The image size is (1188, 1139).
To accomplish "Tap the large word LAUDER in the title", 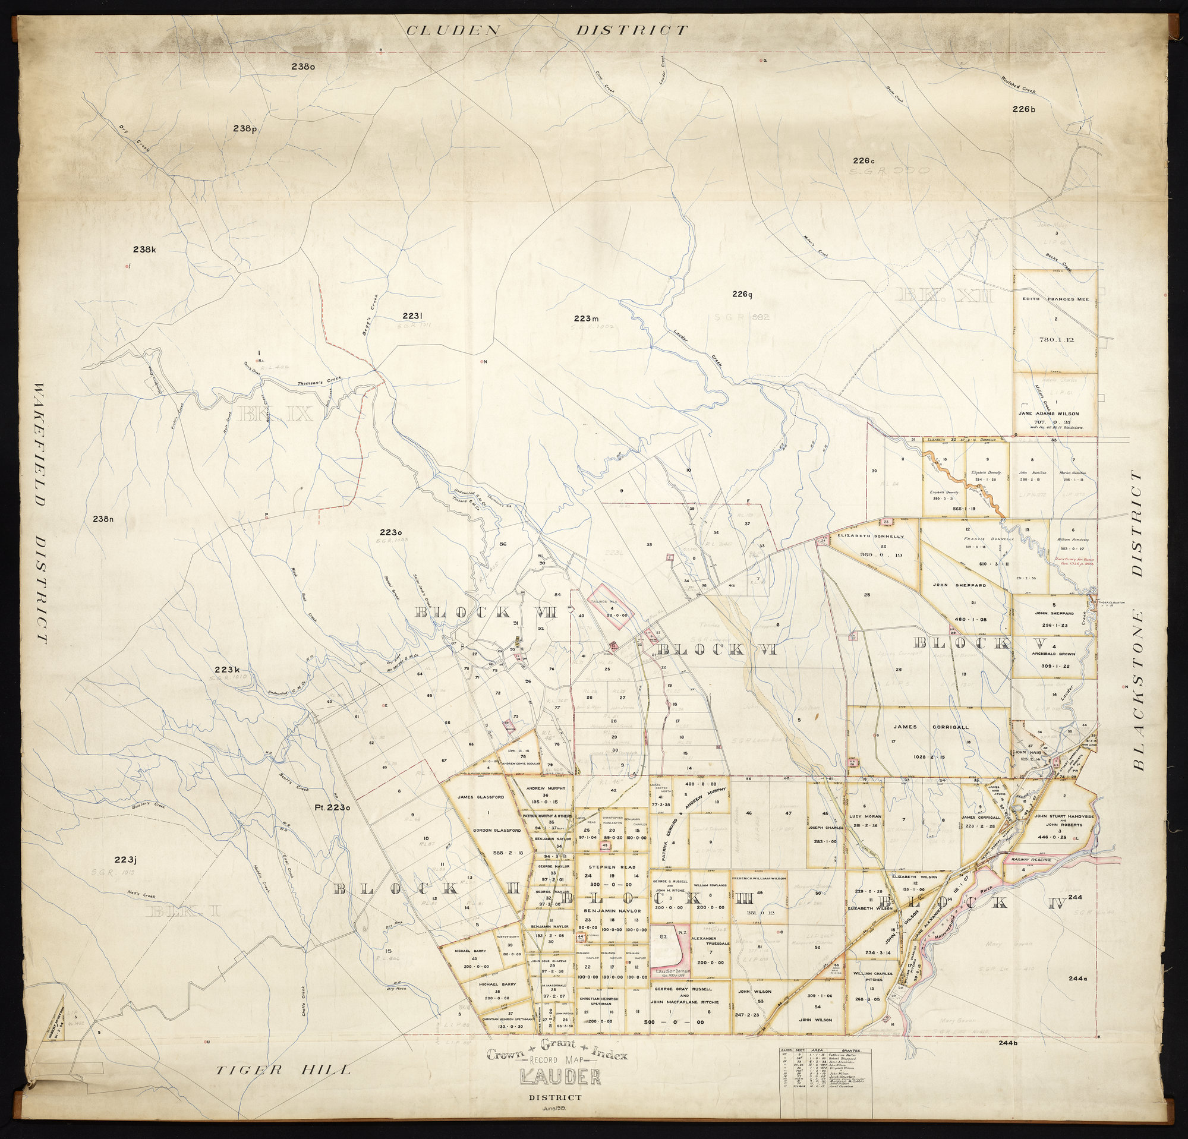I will (559, 1077).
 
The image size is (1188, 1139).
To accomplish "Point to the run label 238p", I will (245, 128).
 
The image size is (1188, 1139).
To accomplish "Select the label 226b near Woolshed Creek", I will (1024, 109).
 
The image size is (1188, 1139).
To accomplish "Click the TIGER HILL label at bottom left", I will (283, 1070).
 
